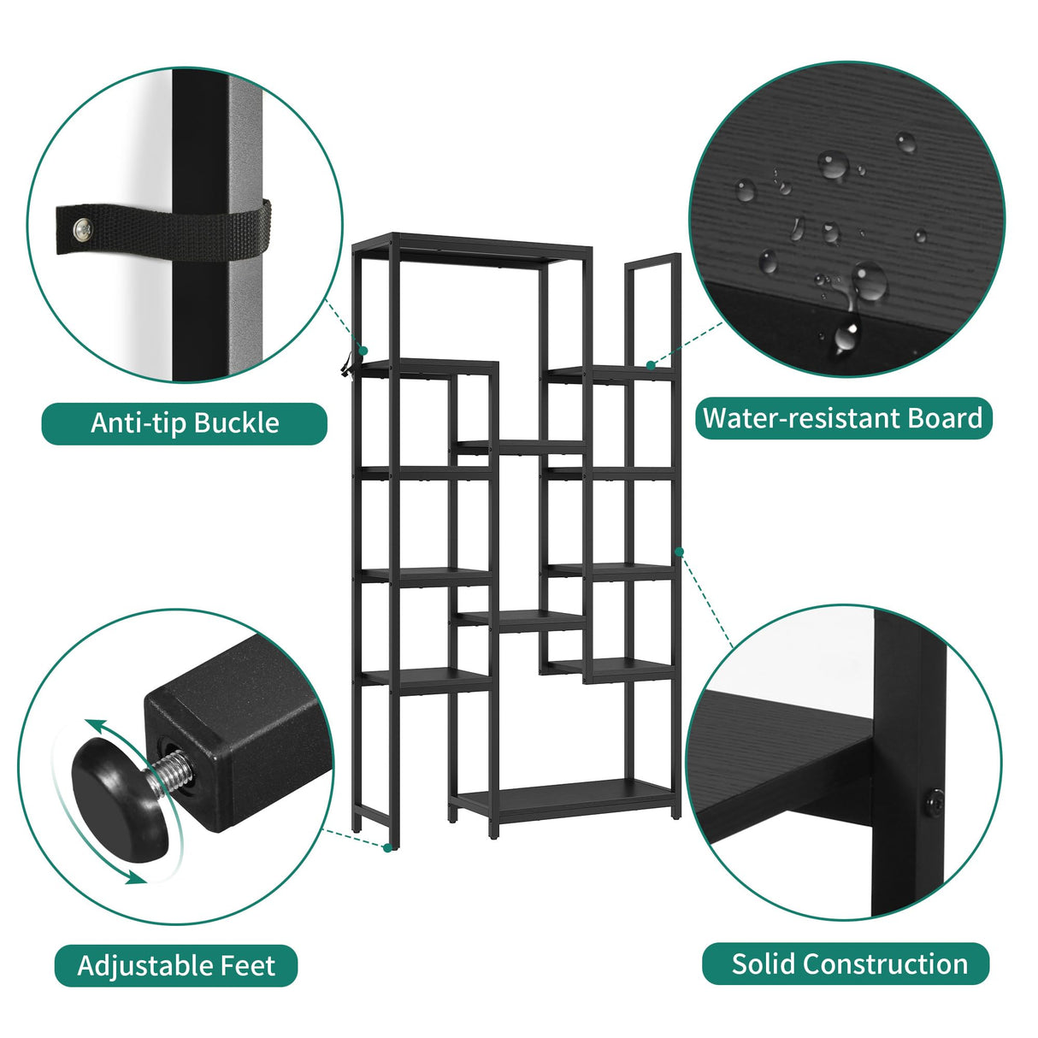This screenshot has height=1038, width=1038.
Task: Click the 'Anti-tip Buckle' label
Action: [185, 423]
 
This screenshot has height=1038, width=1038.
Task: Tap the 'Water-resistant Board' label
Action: [842, 418]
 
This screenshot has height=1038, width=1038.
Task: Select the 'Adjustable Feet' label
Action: [176, 965]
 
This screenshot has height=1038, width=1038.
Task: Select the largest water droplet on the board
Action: [869, 281]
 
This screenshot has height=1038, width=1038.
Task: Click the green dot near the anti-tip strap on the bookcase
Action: [363, 351]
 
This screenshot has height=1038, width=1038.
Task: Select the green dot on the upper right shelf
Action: [651, 365]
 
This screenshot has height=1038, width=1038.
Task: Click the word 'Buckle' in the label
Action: [237, 423]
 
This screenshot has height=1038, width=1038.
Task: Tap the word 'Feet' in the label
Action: [248, 965]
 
